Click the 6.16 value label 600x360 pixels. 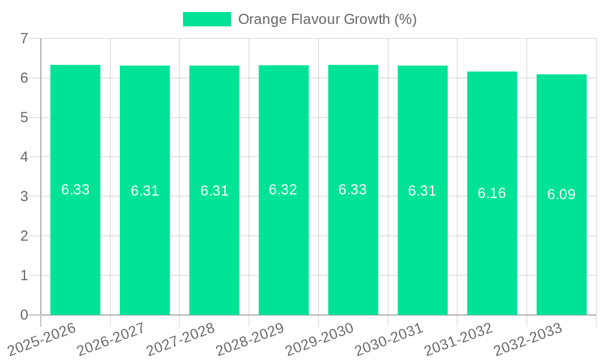(492, 193)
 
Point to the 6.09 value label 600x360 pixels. (562, 194)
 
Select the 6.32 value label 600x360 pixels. (283, 190)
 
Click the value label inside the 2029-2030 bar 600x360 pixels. (353, 190)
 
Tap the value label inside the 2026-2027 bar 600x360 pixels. (145, 191)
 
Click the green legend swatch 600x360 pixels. (206, 19)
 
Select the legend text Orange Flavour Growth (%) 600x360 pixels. (328, 19)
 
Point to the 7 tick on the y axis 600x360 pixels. (24, 38)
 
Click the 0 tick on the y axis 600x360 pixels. (24, 315)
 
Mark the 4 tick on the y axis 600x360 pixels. (24, 157)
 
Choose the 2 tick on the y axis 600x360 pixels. (24, 236)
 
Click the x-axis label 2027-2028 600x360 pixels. (181, 339)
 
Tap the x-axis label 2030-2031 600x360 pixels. (389, 339)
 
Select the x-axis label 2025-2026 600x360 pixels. (42, 339)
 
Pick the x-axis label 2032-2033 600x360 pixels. (528, 339)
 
